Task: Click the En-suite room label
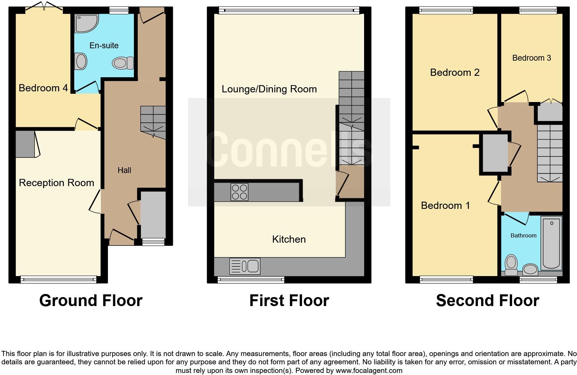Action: click(x=104, y=45)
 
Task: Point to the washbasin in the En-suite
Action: click(x=81, y=62)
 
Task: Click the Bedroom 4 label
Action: click(x=43, y=88)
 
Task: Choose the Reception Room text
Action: click(x=56, y=183)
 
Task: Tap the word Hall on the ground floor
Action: click(x=124, y=170)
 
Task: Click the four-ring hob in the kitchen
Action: click(x=239, y=192)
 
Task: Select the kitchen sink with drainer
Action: click(x=245, y=266)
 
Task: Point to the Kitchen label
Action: click(x=289, y=240)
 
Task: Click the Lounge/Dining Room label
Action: click(x=269, y=89)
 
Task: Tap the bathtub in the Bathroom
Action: click(x=551, y=243)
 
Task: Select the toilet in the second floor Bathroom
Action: click(x=511, y=265)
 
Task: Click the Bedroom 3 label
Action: click(x=531, y=58)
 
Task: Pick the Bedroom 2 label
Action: click(x=454, y=73)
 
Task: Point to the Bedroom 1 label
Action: click(x=445, y=206)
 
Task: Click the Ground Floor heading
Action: click(x=91, y=301)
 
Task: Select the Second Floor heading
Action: click(x=487, y=301)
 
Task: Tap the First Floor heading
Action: click(x=289, y=301)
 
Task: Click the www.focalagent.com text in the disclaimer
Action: click(x=369, y=371)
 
